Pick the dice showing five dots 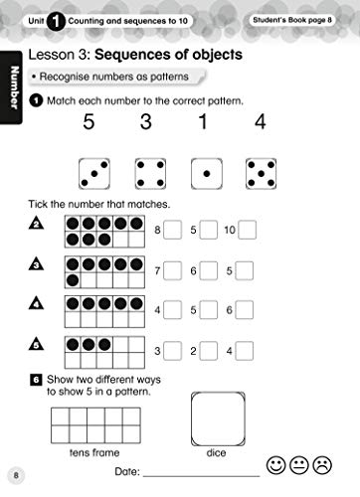point(262,175)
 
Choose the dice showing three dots point(94,175)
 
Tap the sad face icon point(322,464)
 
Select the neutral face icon point(298,464)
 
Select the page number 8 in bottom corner point(14,472)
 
